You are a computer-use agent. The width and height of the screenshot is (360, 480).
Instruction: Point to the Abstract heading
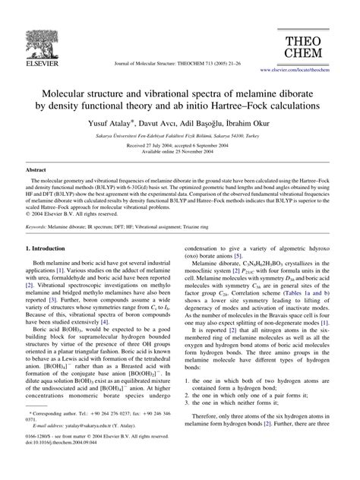tap(36, 172)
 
